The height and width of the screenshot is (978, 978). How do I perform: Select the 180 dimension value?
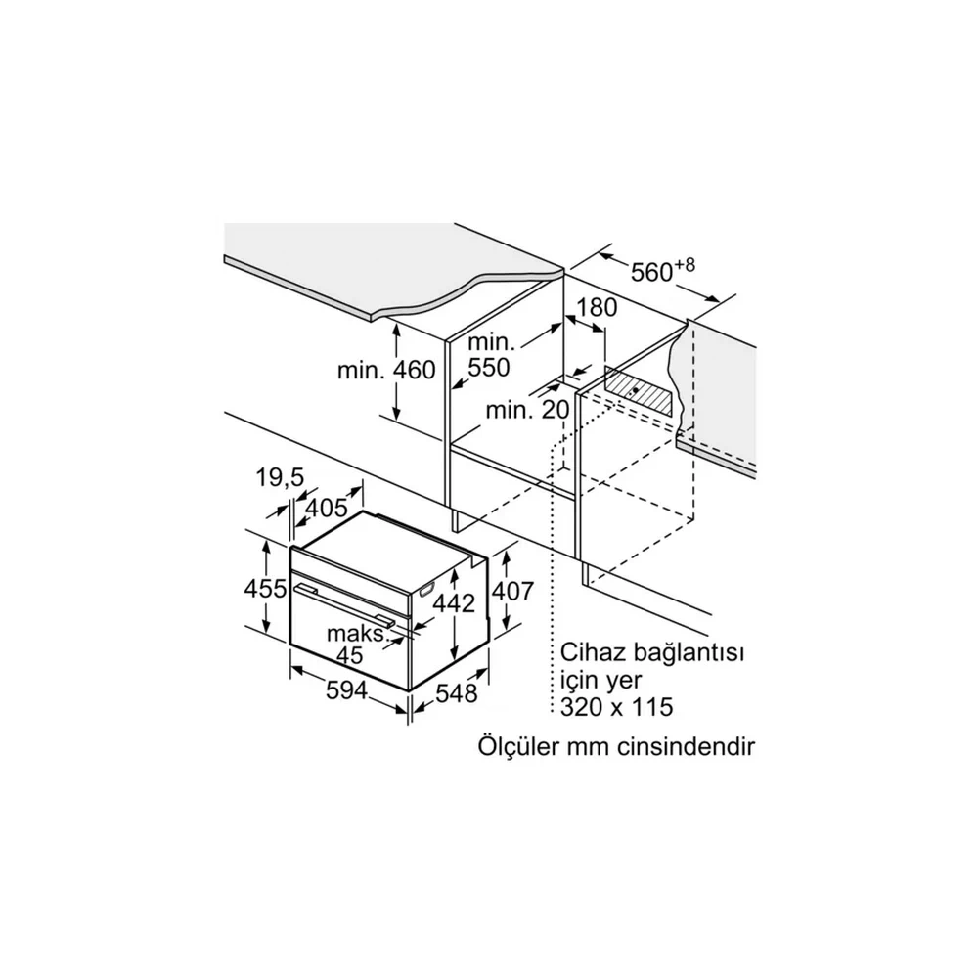[x=596, y=307]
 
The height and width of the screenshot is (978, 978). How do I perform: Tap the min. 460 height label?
[x=386, y=370]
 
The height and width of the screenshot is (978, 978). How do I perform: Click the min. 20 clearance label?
[x=528, y=410]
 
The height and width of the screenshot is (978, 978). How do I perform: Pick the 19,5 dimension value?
[x=280, y=478]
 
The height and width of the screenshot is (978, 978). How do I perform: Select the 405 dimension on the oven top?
[x=327, y=507]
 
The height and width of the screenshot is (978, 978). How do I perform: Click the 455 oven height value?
[x=265, y=588]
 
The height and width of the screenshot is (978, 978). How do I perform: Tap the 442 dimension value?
[x=454, y=602]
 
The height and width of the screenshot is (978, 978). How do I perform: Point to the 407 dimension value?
[x=512, y=591]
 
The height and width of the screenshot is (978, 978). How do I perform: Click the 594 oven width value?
[x=347, y=689]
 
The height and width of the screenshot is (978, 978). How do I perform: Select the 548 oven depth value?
[x=456, y=692]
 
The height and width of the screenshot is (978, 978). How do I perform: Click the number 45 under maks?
[x=349, y=655]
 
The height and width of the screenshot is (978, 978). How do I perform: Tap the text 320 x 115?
[x=617, y=707]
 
